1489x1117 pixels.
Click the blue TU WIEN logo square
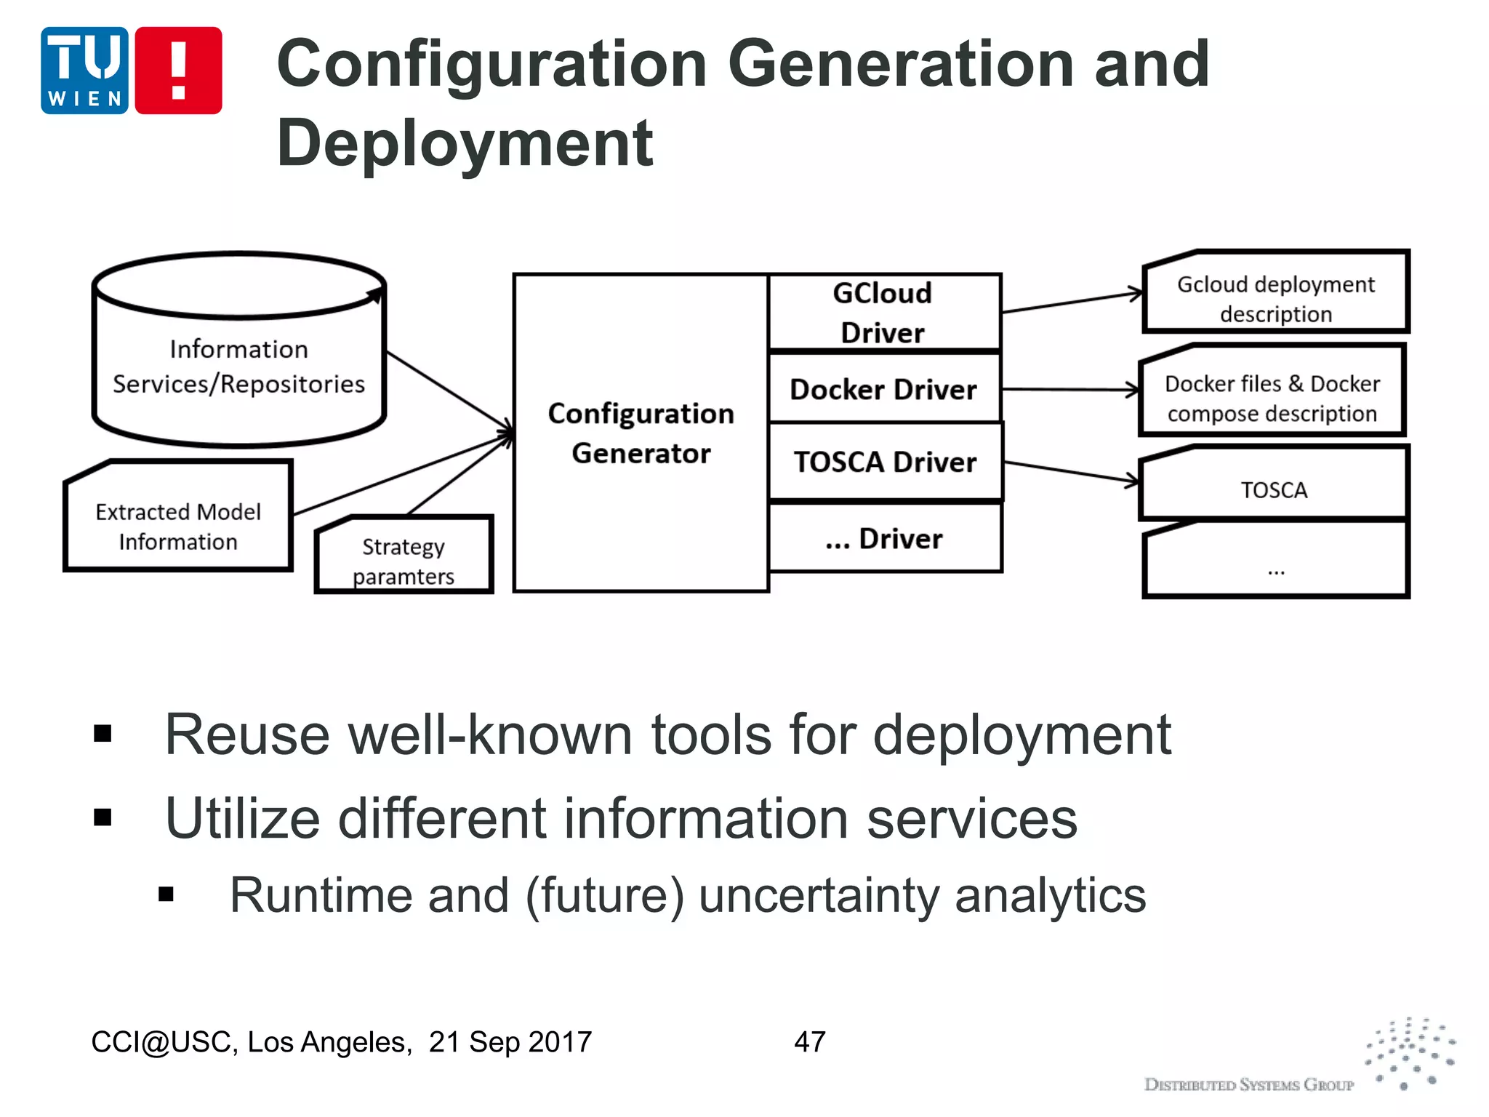coord(84,71)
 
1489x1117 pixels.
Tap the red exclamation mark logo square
coord(178,71)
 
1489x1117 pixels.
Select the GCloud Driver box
coord(884,313)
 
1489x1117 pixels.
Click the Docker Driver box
coord(884,389)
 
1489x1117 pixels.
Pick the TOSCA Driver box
coord(886,463)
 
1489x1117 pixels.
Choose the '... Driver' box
coord(884,539)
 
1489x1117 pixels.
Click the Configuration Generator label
coord(641,433)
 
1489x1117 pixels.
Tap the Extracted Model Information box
coord(178,526)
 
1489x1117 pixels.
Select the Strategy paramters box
coord(404,560)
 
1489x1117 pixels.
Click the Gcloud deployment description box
coord(1276,298)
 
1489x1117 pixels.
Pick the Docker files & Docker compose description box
coord(1272,398)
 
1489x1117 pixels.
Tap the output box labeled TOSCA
coord(1274,489)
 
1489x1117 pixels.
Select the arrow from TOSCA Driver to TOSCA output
coord(1070,472)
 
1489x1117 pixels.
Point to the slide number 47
coord(810,1041)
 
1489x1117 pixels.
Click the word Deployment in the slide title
coord(465,143)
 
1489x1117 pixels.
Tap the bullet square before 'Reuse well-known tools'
coord(103,734)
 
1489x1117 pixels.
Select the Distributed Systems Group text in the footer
coord(1249,1085)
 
